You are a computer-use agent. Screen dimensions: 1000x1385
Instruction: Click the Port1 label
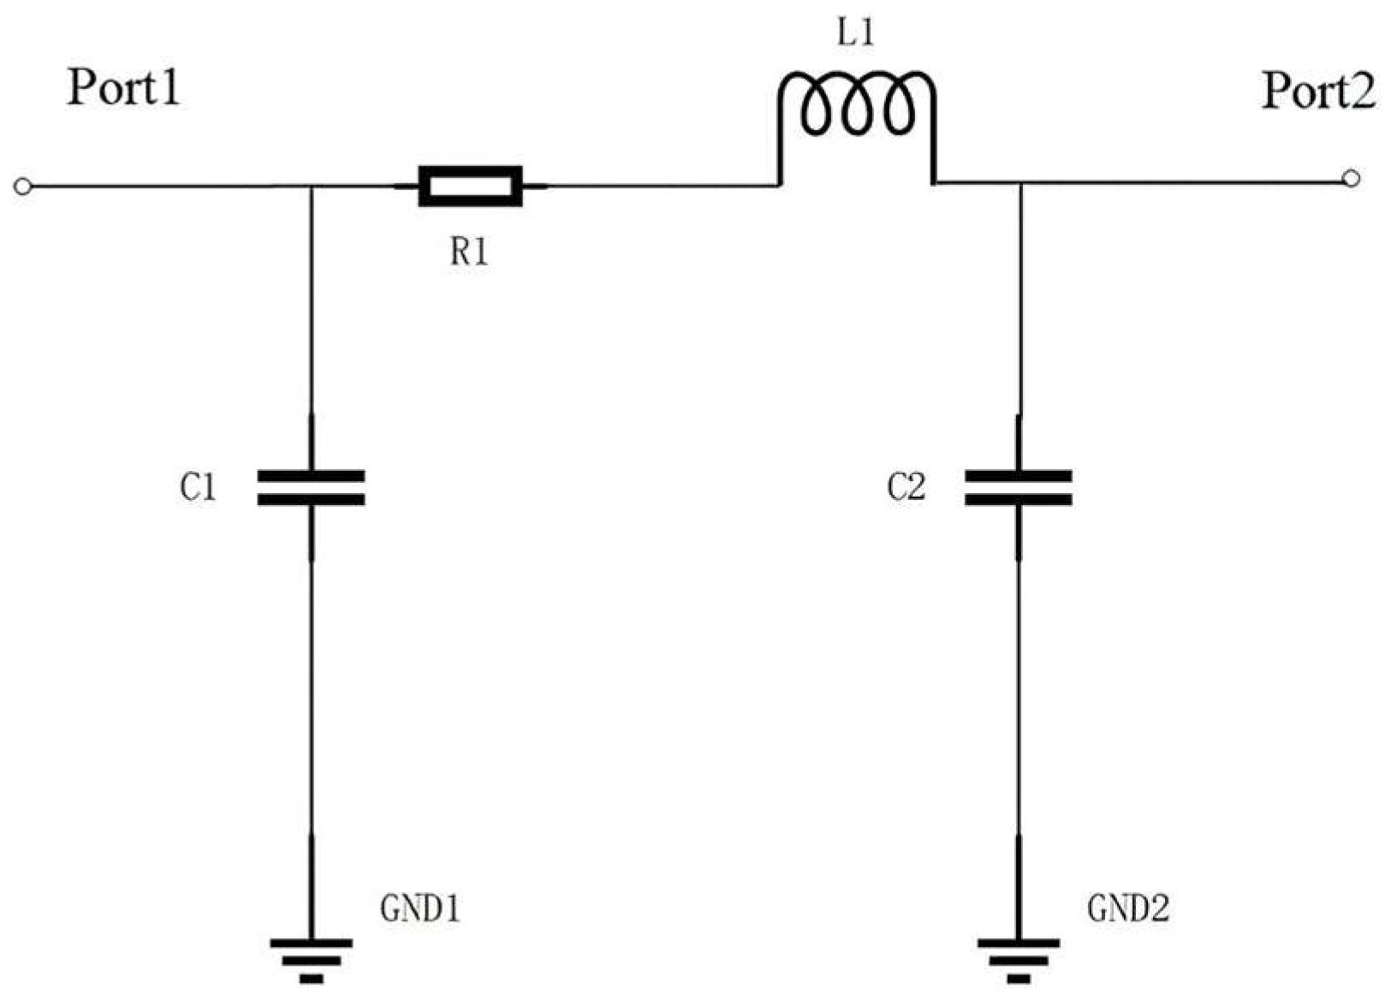click(124, 87)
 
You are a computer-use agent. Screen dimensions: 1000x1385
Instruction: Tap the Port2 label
click(1318, 91)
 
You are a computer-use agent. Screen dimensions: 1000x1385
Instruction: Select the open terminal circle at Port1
click(23, 186)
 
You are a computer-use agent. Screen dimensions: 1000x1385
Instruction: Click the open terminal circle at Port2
click(1351, 178)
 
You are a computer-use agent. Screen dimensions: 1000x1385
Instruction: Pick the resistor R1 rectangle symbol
click(470, 186)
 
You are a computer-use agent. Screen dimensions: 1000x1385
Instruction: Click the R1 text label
click(469, 253)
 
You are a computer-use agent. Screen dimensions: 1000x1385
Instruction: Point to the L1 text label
click(856, 34)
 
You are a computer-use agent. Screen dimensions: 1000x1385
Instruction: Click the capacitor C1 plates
click(311, 487)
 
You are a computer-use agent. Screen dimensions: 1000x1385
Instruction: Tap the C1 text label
click(198, 488)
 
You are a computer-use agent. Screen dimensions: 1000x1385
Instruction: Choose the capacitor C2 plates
click(1018, 487)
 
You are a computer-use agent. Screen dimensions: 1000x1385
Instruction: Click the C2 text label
click(906, 488)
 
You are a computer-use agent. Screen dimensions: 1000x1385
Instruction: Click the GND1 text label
click(419, 908)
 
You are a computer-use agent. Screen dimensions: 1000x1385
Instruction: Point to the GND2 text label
click(1127, 908)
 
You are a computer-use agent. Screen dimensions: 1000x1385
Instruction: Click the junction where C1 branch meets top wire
click(311, 186)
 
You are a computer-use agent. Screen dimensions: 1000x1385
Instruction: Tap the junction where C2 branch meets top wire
click(1019, 182)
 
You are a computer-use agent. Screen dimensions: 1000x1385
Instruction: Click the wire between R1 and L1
click(659, 185)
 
